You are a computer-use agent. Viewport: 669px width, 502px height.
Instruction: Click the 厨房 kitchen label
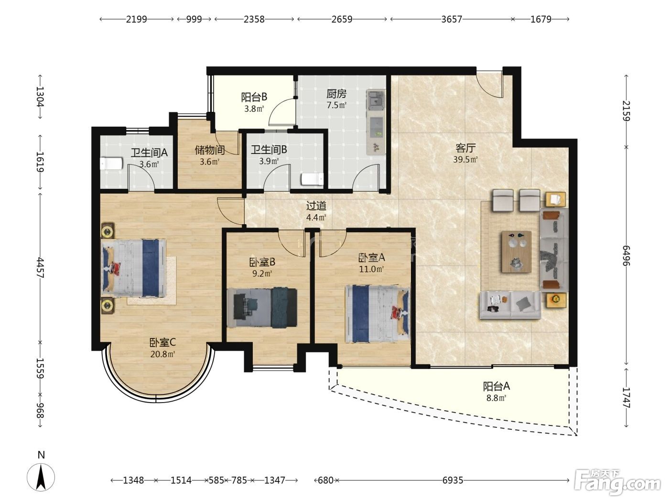click(336, 94)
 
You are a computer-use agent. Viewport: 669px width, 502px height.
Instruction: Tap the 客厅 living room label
click(465, 148)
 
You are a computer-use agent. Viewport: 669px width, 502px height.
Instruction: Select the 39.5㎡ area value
click(465, 159)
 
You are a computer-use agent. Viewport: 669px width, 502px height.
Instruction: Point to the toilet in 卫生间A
click(111, 164)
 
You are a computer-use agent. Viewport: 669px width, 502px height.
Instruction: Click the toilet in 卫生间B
click(312, 179)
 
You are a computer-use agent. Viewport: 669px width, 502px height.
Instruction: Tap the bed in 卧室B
click(262, 307)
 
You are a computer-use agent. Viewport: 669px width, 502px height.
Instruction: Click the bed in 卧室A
click(378, 314)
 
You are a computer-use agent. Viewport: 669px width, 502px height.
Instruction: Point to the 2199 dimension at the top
click(137, 19)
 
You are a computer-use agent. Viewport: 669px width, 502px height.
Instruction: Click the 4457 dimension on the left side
click(40, 268)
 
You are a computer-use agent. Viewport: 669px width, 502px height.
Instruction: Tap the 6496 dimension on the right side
click(626, 255)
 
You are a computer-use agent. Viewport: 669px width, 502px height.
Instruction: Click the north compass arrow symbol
click(41, 477)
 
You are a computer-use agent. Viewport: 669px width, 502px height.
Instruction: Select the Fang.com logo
click(617, 485)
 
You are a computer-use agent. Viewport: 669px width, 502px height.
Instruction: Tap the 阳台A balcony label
click(496, 386)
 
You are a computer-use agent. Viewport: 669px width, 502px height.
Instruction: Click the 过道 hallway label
click(316, 206)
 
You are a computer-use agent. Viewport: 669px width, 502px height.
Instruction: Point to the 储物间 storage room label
click(210, 150)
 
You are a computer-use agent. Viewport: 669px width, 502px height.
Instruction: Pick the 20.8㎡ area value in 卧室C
click(162, 354)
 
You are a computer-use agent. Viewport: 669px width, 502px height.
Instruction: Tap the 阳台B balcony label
click(254, 97)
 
